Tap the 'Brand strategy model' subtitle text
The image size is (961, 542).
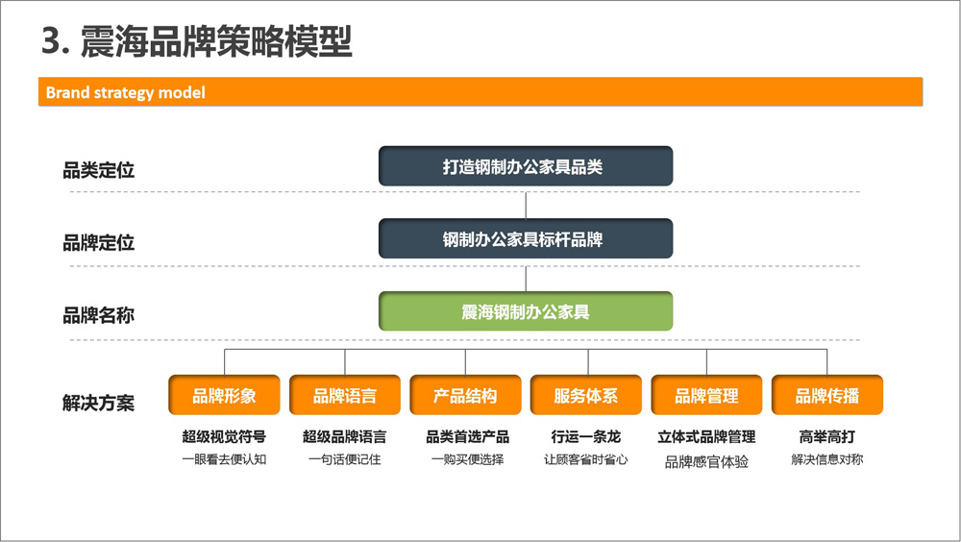point(126,92)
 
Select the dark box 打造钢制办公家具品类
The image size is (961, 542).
point(526,166)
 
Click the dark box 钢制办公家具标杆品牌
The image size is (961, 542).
point(526,238)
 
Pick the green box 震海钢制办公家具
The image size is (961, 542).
point(526,311)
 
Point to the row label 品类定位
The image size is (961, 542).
point(99,170)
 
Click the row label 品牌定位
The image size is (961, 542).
point(99,243)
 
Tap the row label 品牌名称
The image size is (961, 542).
point(99,315)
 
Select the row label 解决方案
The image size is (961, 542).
point(99,403)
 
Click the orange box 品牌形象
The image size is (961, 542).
point(224,396)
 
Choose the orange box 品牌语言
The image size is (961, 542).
point(345,396)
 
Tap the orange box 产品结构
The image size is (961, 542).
point(465,396)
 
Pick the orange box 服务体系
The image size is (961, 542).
point(586,396)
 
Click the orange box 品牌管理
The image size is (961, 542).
point(706,396)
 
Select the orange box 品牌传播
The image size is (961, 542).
point(827,396)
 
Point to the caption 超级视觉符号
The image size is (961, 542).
point(224,436)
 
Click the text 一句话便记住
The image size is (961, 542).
point(345,459)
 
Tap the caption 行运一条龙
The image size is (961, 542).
point(586,436)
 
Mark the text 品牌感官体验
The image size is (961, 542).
point(706,461)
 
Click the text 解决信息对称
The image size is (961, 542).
point(827,459)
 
